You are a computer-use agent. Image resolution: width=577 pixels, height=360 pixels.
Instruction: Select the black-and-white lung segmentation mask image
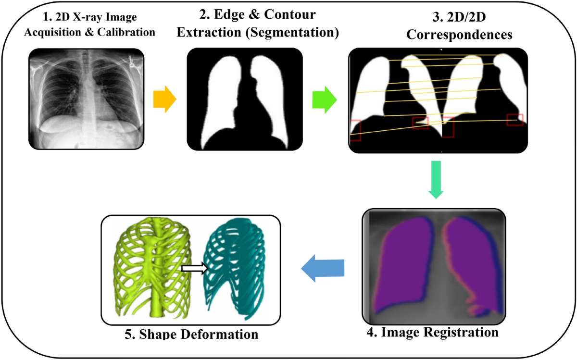pos(245,99)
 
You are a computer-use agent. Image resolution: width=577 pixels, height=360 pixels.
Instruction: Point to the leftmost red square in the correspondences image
pos(355,130)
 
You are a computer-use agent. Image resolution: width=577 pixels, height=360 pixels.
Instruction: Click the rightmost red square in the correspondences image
pos(514,120)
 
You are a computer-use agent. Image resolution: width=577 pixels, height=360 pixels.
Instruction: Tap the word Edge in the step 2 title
pos(223,15)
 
